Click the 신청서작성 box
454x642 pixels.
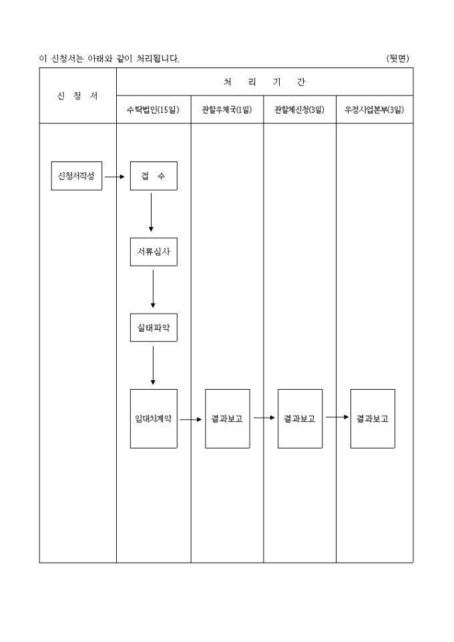click(77, 176)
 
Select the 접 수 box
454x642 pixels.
click(154, 176)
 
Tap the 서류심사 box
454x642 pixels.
click(154, 252)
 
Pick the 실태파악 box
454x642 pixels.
click(154, 328)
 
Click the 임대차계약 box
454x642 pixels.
click(154, 418)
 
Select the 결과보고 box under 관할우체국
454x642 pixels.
click(227, 418)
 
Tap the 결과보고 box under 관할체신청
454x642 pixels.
click(300, 418)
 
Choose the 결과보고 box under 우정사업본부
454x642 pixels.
click(373, 418)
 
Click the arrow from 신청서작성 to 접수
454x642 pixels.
click(115, 177)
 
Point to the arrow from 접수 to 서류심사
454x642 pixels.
click(151, 212)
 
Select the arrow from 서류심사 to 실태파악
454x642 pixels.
click(153, 288)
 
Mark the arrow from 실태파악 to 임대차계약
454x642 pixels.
click(153, 365)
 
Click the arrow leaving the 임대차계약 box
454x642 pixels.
click(190, 420)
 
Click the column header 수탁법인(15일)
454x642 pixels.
click(154, 110)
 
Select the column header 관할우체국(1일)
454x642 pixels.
click(227, 110)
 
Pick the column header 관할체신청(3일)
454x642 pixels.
click(300, 110)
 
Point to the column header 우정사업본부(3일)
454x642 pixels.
click(374, 110)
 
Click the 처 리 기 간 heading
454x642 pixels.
click(264, 82)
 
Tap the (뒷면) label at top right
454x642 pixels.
click(398, 59)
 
